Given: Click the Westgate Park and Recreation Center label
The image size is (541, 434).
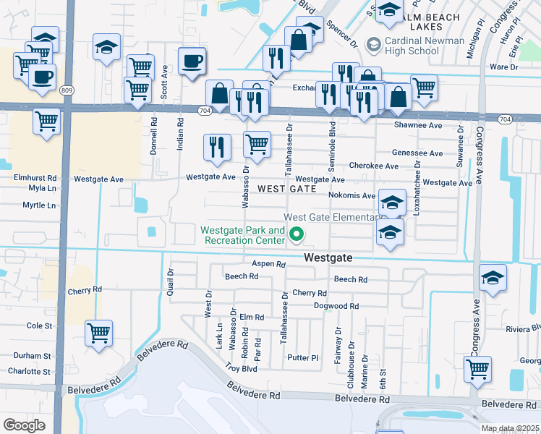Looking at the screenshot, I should [242, 236].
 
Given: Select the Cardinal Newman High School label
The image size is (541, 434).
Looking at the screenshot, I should [422, 46].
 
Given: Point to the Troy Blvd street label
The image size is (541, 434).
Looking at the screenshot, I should [241, 368].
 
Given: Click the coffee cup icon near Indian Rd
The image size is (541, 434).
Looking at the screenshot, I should [192, 62].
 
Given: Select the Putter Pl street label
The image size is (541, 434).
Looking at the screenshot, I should [302, 357].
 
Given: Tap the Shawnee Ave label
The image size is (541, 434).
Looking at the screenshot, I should [417, 125].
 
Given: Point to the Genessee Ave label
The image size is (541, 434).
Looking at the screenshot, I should [417, 153].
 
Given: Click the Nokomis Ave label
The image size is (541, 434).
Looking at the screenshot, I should [354, 195].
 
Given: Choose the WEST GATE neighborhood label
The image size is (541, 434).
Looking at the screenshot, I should [287, 188].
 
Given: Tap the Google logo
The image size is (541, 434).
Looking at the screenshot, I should [24, 425].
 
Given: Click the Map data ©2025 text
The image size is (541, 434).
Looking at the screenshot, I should [511, 428].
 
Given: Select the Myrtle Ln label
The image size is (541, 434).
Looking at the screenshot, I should [39, 205].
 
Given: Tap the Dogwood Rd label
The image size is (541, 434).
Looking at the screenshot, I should [336, 306].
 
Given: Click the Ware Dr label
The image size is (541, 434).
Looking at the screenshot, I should [504, 67].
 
